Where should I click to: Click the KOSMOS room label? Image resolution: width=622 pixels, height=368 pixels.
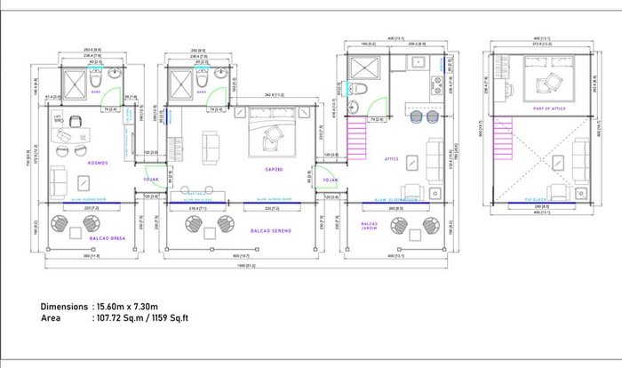coord(74,163)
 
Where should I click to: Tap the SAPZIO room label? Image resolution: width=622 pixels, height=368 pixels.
coord(274,167)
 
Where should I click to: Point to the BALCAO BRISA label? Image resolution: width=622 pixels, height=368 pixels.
coord(104,239)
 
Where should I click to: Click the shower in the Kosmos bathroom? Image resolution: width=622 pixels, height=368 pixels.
coord(73,83)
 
